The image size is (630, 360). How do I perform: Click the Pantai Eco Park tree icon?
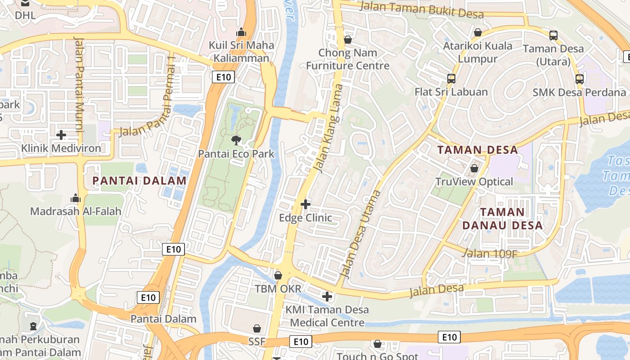tap(236, 141)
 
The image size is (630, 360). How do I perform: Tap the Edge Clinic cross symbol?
tap(306, 205)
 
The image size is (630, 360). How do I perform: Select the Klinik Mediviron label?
tap(61, 148)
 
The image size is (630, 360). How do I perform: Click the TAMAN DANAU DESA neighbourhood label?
tap(511, 218)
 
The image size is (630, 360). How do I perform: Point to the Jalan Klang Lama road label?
tap(328, 129)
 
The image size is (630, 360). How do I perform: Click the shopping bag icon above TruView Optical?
tap(474, 169)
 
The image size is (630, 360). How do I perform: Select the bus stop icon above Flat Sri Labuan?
tap(451, 79)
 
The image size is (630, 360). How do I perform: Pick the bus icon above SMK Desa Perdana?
tap(579, 79)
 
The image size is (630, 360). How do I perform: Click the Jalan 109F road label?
tap(490, 254)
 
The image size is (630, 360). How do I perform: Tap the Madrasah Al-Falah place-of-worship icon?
tap(75, 198)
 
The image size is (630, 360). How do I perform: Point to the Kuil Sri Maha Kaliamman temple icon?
tap(241, 32)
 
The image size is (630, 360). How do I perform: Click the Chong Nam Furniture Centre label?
tap(347, 59)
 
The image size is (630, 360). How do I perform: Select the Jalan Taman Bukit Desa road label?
tap(422, 10)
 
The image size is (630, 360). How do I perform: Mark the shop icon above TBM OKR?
tap(278, 275)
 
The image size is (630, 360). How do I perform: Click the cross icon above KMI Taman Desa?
tap(327, 297)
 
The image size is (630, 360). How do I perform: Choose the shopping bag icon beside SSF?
tap(257, 329)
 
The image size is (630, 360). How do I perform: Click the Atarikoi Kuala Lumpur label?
tap(477, 52)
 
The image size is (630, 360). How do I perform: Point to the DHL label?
tap(25, 15)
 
